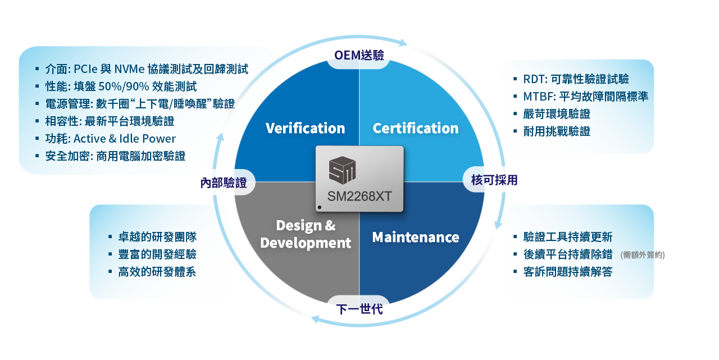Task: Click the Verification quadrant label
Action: tap(305, 128)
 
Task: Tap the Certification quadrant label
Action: tap(415, 128)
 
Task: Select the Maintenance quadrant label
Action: tap(415, 237)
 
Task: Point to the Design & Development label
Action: tap(306, 234)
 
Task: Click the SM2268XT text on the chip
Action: tap(359, 197)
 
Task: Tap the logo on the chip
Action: tap(342, 170)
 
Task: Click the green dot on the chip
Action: tap(320, 208)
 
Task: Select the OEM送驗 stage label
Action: tap(359, 55)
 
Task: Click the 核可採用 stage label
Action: tap(494, 180)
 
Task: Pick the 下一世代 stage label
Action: tap(359, 309)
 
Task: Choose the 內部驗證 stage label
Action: tap(224, 183)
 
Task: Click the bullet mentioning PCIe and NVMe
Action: tap(146, 69)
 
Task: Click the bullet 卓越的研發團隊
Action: tap(157, 237)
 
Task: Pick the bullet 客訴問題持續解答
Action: tap(567, 272)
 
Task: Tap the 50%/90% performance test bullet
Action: tap(121, 86)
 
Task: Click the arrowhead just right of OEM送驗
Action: tap(402, 42)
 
